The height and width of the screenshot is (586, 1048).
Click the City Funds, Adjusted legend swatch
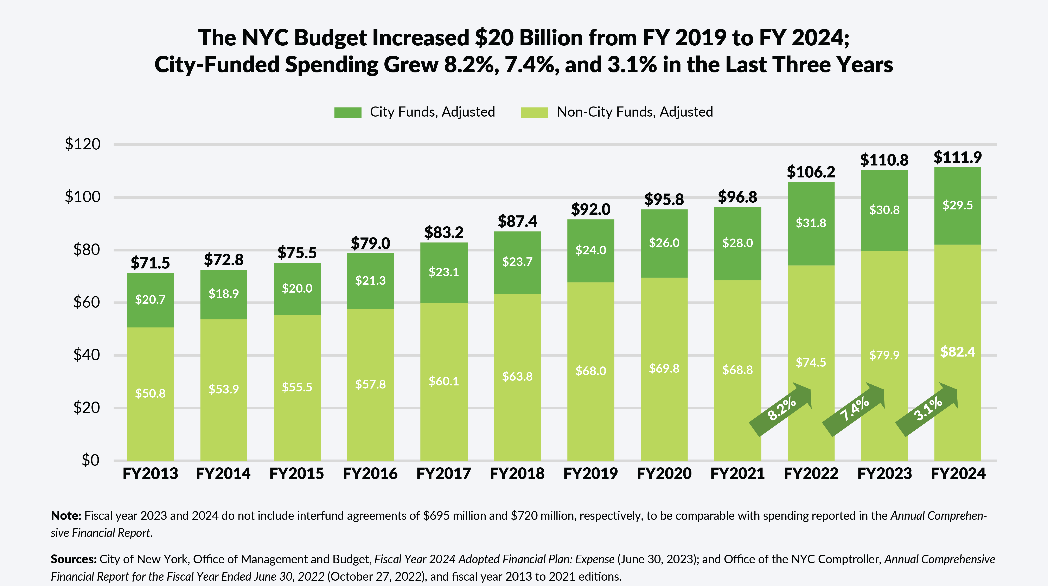click(x=348, y=112)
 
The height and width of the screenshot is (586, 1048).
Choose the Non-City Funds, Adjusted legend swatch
click(x=535, y=112)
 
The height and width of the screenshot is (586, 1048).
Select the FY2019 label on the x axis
click(x=590, y=474)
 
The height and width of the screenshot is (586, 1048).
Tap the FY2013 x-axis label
click(x=150, y=474)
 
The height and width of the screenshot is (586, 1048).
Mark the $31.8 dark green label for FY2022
click(x=811, y=223)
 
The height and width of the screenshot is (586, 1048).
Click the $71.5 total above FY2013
click(x=150, y=263)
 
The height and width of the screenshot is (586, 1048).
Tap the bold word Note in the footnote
click(x=66, y=516)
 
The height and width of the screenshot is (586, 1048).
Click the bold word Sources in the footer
click(x=73, y=559)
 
